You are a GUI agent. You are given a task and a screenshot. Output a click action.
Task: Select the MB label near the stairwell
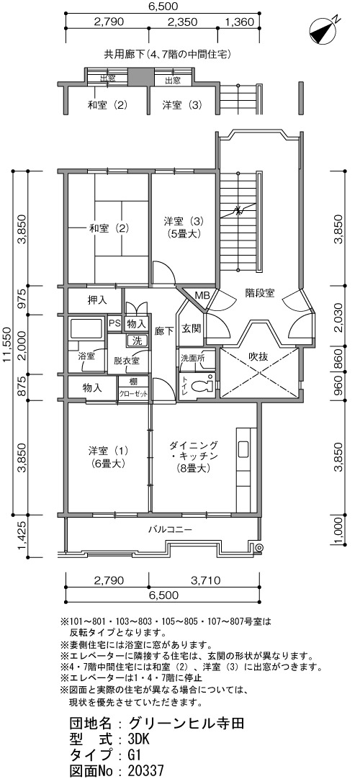point(202,295)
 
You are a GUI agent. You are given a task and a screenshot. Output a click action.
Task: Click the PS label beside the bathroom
point(114,323)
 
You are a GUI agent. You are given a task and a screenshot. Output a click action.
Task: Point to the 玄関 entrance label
point(190,328)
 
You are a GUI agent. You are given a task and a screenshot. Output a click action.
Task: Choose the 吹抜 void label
point(258,356)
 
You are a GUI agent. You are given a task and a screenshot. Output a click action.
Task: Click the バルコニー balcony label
point(170,528)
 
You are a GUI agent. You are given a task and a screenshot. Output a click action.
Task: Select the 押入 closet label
point(96,300)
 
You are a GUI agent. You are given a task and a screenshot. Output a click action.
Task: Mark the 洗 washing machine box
point(137,341)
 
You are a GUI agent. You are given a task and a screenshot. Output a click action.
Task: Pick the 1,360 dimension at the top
point(240,22)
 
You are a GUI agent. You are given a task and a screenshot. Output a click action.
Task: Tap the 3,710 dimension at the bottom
point(203,580)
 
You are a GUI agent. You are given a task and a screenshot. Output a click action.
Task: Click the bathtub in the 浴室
point(87,329)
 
